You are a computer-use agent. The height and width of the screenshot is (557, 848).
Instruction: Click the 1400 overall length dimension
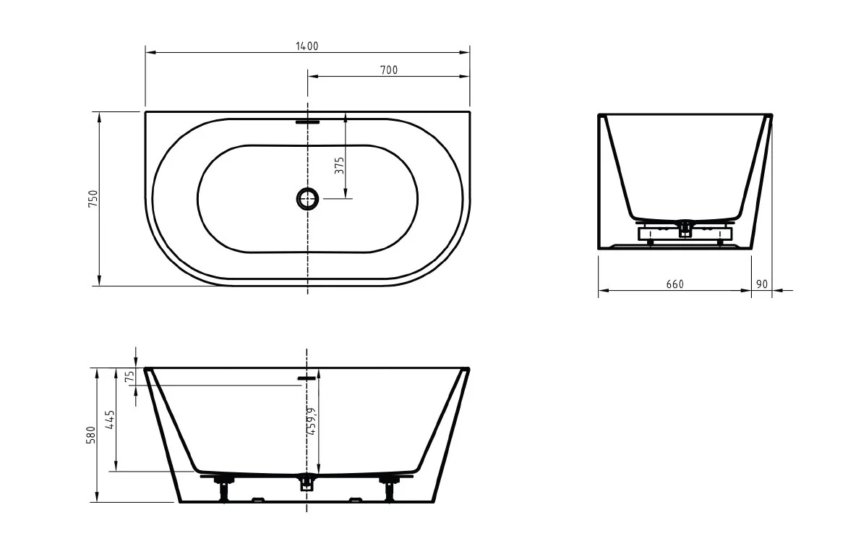307,46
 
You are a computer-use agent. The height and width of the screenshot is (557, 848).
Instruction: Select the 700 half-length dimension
389,69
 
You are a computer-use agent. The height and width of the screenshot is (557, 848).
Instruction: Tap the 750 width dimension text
93,199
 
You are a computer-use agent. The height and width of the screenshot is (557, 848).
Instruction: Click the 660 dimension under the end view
674,284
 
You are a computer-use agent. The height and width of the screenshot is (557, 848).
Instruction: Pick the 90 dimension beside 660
761,284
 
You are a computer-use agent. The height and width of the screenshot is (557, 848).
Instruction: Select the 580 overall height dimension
92,435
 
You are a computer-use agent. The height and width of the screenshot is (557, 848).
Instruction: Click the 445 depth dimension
111,420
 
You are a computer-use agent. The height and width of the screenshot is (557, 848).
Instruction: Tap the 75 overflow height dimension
129,377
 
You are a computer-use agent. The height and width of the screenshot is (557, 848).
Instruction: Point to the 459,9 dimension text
311,420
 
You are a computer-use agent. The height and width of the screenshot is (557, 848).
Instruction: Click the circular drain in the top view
307,198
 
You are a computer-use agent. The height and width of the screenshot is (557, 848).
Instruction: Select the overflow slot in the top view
307,122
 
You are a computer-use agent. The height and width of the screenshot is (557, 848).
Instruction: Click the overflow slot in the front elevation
307,377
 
